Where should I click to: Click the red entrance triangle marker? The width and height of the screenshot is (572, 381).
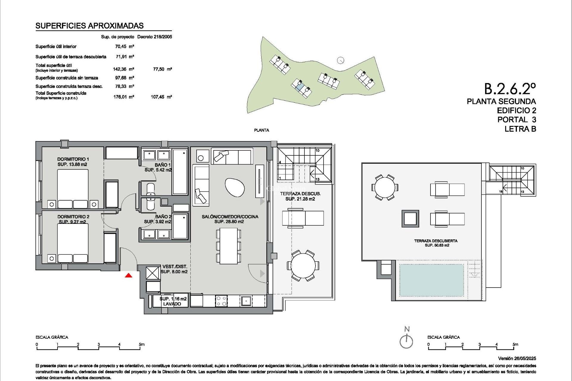[x=128, y=275]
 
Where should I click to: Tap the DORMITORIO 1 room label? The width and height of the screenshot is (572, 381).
[x=73, y=159]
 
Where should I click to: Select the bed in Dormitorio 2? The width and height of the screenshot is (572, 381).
[x=73, y=243]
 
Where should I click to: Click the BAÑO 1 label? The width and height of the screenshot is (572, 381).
[x=163, y=165]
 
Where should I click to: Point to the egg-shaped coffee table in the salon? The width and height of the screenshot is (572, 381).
[x=234, y=187]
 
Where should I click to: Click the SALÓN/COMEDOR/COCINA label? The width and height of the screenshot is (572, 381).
[x=230, y=217]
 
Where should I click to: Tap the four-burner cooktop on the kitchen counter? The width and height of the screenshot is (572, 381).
[x=221, y=301]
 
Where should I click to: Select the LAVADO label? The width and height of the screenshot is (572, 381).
[x=172, y=304]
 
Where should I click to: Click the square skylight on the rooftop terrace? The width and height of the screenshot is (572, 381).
[x=410, y=219]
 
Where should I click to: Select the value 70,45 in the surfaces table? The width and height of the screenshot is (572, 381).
[x=121, y=46]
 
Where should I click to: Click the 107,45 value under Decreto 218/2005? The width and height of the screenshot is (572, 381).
[x=158, y=97]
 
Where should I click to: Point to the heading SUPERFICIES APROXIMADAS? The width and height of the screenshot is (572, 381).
[x=89, y=26]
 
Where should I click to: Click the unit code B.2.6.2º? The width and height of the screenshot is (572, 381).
[x=510, y=89]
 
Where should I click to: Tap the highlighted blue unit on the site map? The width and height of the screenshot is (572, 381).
[x=300, y=87]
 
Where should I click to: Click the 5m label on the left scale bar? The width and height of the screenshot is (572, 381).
[x=142, y=344]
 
